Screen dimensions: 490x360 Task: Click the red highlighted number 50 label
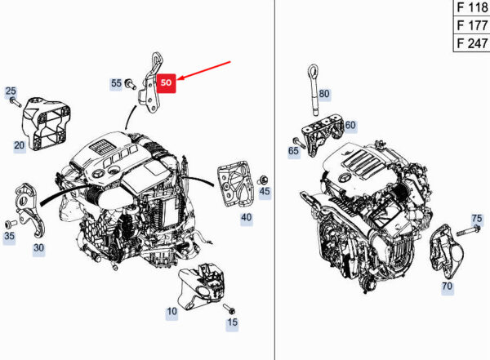(x=167, y=82)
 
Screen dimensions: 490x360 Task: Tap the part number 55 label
(x=116, y=83)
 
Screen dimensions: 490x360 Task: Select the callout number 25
(x=11, y=91)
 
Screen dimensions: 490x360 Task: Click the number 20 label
(x=20, y=145)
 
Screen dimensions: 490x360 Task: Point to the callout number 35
(x=9, y=236)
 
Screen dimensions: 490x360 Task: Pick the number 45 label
(x=265, y=191)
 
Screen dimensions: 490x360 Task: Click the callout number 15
(x=232, y=322)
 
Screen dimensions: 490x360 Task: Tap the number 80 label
(x=324, y=94)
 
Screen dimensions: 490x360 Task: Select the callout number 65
(x=293, y=151)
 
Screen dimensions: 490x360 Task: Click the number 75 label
(x=477, y=219)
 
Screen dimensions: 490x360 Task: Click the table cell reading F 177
(x=471, y=25)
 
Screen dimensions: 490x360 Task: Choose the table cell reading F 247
(x=471, y=43)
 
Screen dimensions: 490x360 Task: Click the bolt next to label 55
(x=130, y=84)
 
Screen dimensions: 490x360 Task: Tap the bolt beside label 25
(x=16, y=103)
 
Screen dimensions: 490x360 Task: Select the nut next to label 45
(x=264, y=180)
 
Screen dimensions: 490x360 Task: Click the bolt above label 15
(x=229, y=309)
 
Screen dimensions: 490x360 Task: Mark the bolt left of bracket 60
(x=300, y=142)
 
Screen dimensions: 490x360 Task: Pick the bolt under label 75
(x=468, y=232)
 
